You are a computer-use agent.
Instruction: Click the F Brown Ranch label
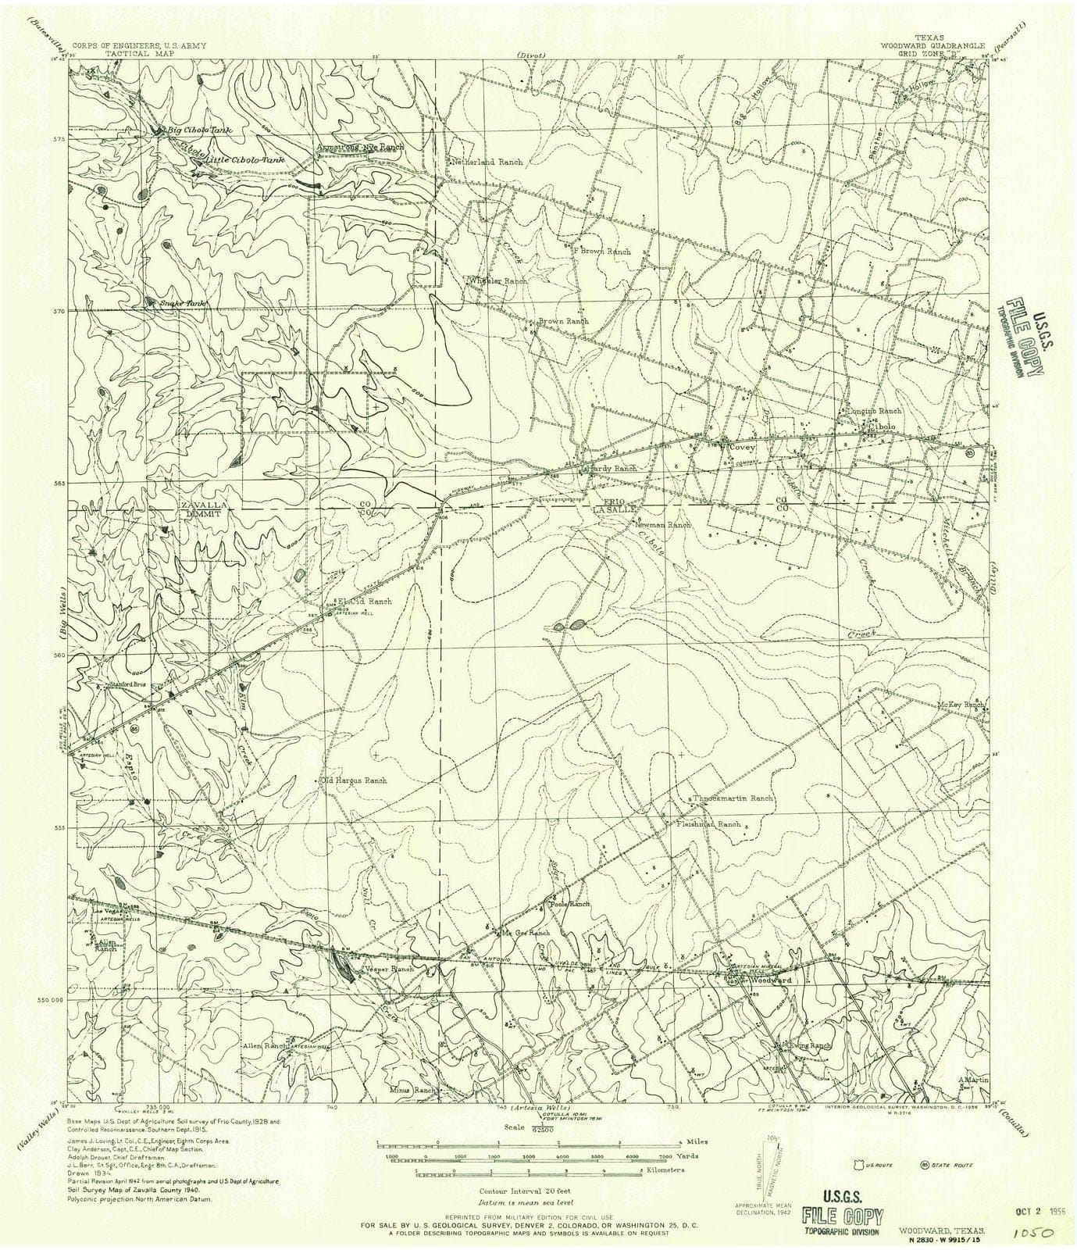[602, 252]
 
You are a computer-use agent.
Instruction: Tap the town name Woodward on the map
[771, 980]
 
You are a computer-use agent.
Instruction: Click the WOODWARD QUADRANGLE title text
[933, 45]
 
